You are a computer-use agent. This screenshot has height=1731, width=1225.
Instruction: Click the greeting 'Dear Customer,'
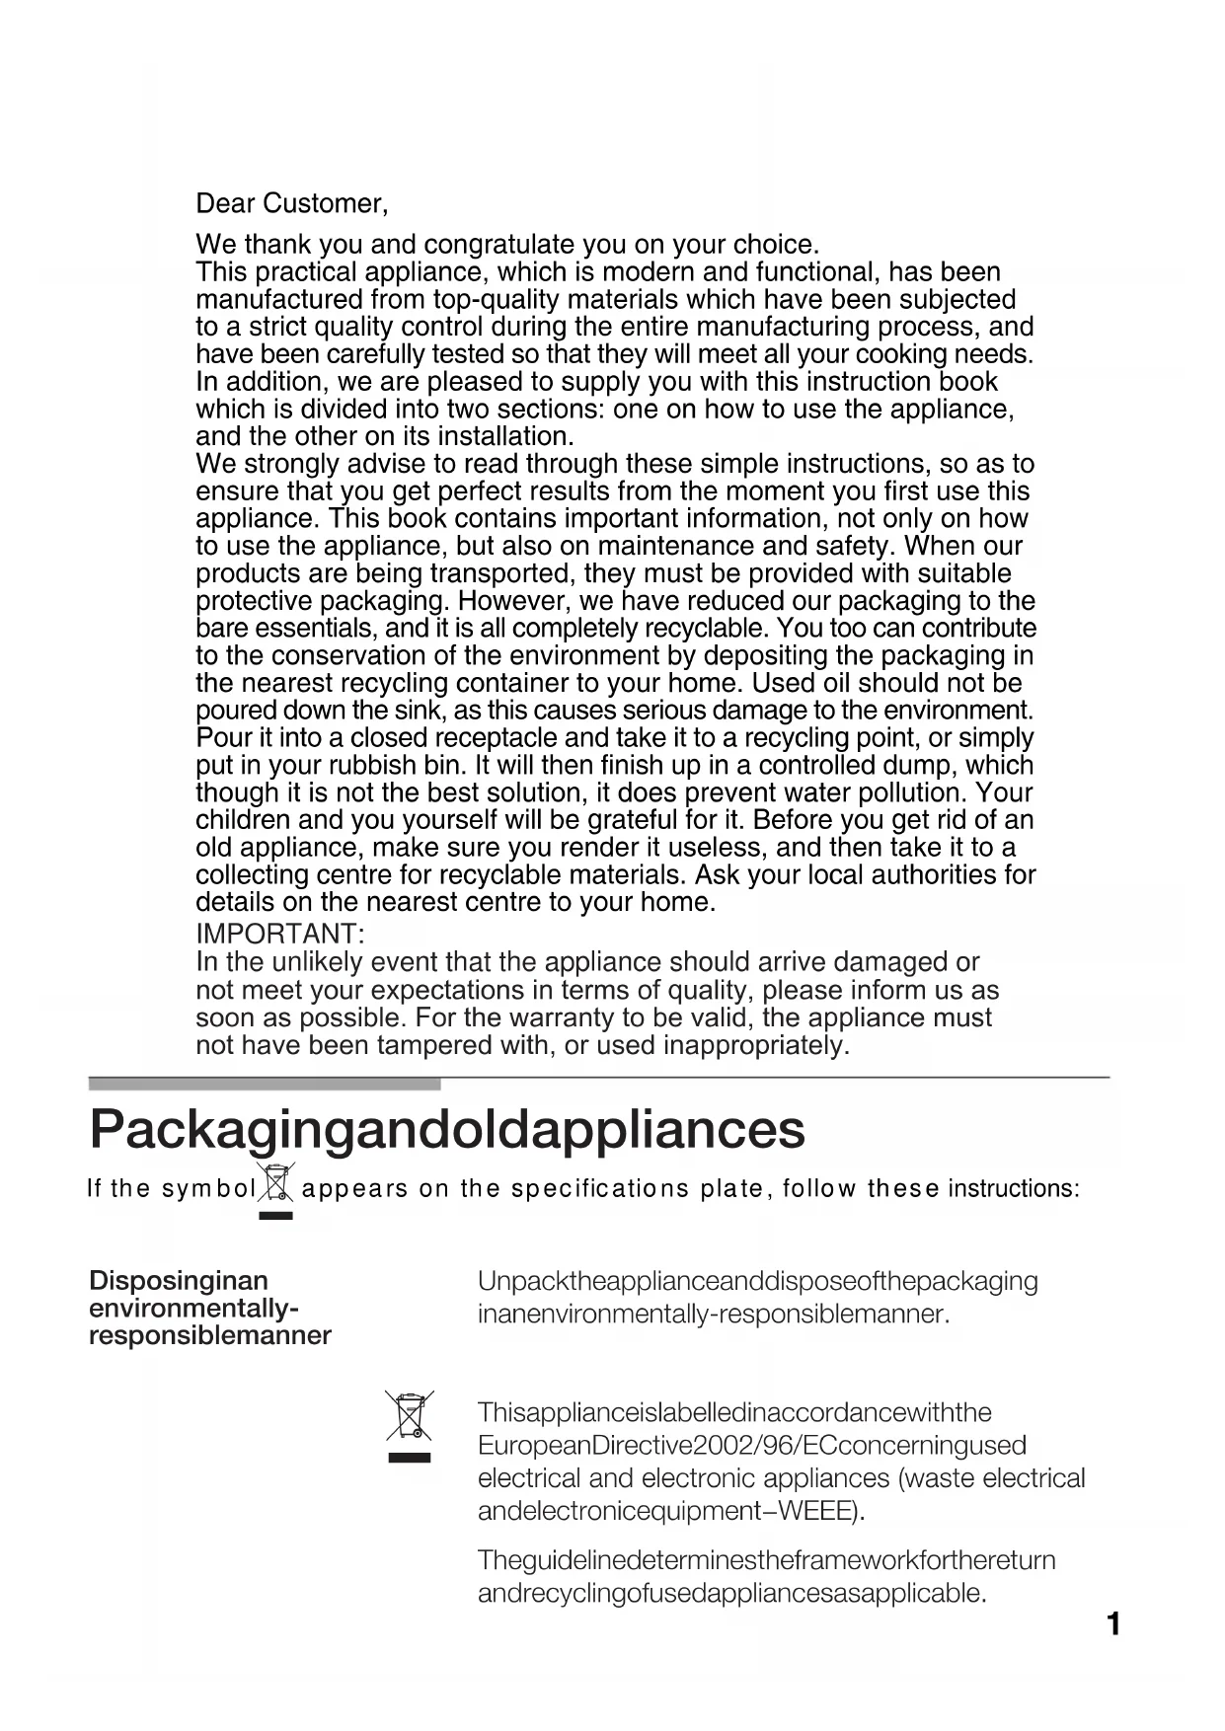[291, 204]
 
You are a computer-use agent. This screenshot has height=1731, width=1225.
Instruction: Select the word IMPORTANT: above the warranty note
[280, 934]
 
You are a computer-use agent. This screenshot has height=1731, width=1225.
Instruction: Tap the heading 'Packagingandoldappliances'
[446, 1130]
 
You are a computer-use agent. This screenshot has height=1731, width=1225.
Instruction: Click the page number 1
[1112, 1623]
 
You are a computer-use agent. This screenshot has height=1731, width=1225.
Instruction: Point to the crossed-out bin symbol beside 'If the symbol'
[276, 1183]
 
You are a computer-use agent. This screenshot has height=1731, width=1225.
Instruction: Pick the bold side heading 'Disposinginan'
[179, 1281]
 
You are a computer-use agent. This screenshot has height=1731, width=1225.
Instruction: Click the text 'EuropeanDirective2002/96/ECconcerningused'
[751, 1446]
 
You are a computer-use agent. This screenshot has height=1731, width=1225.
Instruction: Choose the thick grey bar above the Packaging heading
[265, 1084]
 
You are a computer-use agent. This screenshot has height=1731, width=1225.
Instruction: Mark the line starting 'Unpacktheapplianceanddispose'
[757, 1282]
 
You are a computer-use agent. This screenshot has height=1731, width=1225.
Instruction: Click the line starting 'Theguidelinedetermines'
[766, 1560]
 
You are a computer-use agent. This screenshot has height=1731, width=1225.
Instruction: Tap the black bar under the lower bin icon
[409, 1457]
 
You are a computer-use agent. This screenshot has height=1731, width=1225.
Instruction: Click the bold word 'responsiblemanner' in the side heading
[210, 1336]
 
